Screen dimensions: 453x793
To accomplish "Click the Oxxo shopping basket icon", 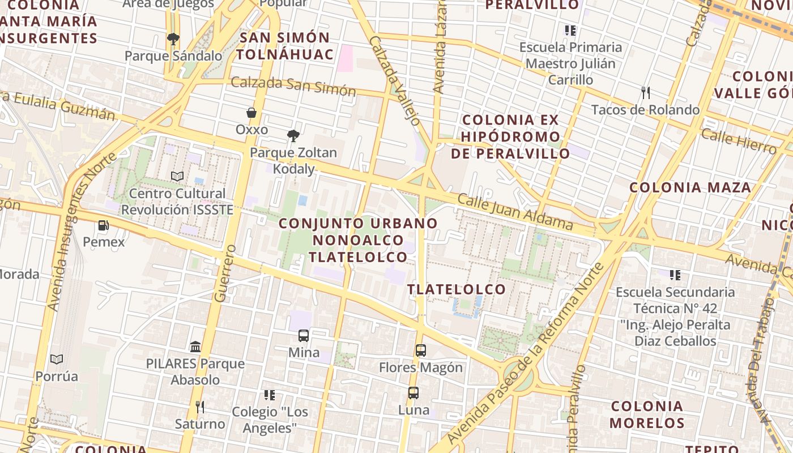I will [251, 113].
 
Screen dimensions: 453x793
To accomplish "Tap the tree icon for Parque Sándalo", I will [173, 39].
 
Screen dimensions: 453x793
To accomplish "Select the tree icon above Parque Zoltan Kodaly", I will [293, 136].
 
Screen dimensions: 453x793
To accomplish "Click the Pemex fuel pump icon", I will [103, 225].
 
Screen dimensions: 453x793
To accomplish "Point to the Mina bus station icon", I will [304, 336].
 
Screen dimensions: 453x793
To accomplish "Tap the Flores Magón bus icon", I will [420, 351].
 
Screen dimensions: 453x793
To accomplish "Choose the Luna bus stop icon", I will [413, 393].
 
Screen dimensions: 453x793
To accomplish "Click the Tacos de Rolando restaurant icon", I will [645, 92].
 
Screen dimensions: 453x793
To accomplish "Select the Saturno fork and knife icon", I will [199, 407].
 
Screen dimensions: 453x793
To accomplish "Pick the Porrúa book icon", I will [57, 359].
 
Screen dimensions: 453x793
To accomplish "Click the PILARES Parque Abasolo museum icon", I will [195, 347].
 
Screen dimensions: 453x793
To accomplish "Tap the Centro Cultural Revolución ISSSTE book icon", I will [177, 177].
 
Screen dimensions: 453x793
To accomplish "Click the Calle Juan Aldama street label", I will [515, 212].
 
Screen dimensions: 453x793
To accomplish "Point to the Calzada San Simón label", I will [293, 86].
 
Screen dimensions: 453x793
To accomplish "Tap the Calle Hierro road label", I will [739, 141].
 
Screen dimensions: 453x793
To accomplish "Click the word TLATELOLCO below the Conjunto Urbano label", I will [457, 289].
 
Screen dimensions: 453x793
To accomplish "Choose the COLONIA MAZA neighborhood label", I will [690, 187].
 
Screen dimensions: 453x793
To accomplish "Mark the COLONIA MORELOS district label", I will [647, 414].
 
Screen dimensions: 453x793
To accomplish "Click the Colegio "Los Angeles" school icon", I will [270, 395].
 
